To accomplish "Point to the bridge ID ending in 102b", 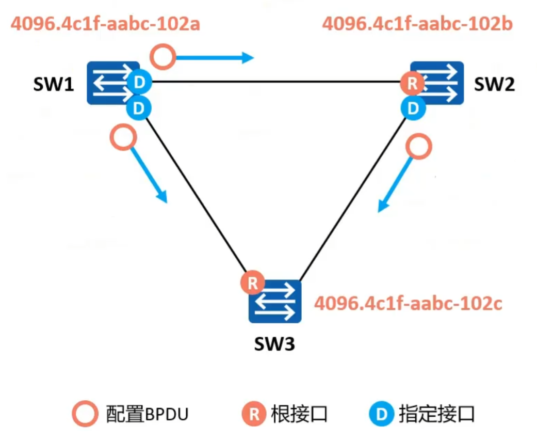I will [x=417, y=24].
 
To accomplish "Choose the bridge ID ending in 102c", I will [x=408, y=303].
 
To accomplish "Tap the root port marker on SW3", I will [x=252, y=283].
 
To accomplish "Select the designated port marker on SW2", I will [x=413, y=108].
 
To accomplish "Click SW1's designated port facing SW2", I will [x=138, y=82].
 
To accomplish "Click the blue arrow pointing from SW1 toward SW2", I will [x=215, y=58].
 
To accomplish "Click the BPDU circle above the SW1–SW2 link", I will [x=164, y=57].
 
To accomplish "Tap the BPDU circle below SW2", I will [x=418, y=147].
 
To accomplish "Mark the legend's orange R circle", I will [x=254, y=414].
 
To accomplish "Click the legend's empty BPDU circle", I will [x=86, y=414].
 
